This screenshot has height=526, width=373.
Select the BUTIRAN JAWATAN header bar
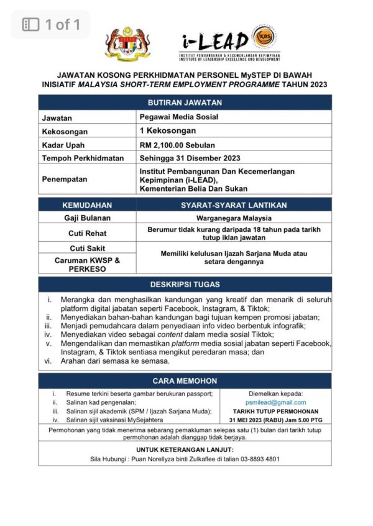[185, 103]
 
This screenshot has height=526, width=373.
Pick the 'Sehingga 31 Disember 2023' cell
[190, 158]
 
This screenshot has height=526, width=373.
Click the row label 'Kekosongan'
[65, 131]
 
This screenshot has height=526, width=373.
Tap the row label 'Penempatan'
[64, 179]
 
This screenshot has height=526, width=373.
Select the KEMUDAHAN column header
[87, 205]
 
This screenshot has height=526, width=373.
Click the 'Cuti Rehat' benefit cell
[87, 233]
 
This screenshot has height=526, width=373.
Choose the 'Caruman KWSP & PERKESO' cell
[87, 264]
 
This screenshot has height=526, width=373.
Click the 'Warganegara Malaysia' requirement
[234, 218]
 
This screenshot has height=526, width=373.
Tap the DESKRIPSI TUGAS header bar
[185, 284]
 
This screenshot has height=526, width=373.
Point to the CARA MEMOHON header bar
[185, 381]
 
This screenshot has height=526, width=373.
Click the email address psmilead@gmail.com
[275, 402]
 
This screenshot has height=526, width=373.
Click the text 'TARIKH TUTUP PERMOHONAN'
[275, 412]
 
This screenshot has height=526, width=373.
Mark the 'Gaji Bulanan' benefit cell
[87, 218]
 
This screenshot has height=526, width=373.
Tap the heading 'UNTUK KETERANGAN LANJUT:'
[185, 449]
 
